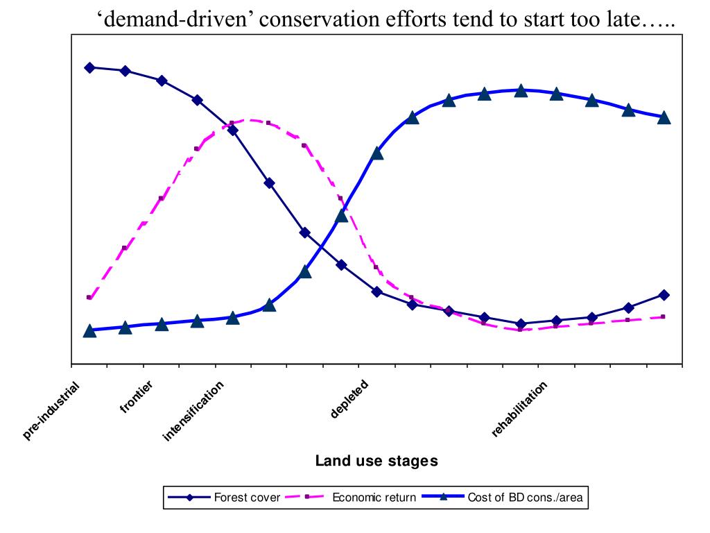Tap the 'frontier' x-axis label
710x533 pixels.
137,396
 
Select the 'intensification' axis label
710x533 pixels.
194,411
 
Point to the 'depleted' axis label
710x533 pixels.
349,399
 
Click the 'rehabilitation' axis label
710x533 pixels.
520,409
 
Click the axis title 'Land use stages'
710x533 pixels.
376,461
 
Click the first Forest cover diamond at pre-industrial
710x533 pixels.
89,67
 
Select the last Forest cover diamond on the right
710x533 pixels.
664,295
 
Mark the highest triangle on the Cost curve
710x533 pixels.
521,90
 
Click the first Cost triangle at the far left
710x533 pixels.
89,330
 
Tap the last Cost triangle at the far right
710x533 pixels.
664,117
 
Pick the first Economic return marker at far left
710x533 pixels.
89,298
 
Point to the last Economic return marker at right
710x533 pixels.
664,316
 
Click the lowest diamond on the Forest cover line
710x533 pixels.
521,323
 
